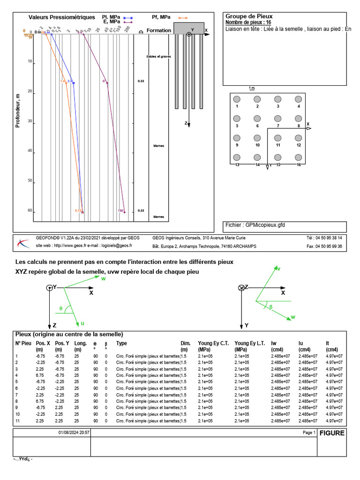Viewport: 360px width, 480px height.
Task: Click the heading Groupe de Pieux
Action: pyautogui.click(x=249, y=16)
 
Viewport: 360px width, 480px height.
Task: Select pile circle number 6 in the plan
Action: pyautogui.click(x=257, y=119)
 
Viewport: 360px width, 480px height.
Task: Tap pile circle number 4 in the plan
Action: pyautogui.click(x=298, y=99)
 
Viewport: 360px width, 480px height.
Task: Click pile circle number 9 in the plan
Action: pyautogui.click(x=237, y=138)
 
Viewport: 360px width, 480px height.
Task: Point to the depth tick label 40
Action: pyautogui.click(x=30, y=151)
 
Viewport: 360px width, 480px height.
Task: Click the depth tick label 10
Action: pyautogui.click(x=30, y=61)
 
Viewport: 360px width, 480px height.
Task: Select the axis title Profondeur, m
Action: pyautogui.click(x=18, y=110)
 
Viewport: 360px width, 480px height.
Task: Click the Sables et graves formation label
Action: pyautogui.click(x=158, y=57)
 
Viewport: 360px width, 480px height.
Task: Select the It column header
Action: pyautogui.click(x=328, y=343)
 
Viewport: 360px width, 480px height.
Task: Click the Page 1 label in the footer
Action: pyautogui.click(x=309, y=433)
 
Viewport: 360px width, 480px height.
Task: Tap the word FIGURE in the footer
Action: pyautogui.click(x=332, y=433)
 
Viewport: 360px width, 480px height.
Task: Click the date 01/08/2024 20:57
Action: pyautogui.click(x=74, y=433)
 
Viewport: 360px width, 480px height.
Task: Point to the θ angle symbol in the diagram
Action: pyautogui.click(x=60, y=308)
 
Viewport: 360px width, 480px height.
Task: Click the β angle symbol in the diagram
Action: pyautogui.click(x=270, y=307)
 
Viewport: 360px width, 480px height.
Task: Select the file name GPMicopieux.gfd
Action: pyautogui.click(x=265, y=225)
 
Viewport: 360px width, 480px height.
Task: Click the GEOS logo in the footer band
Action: pyautogui.click(x=22, y=243)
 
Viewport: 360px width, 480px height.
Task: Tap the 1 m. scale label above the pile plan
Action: pyautogui.click(x=252, y=88)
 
